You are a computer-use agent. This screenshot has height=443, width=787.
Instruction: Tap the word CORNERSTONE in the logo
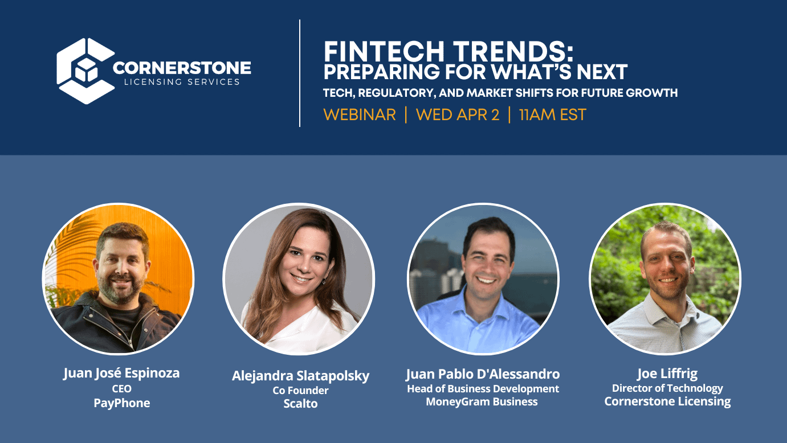[182, 68]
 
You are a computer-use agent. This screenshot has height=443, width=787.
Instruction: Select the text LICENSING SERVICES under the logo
[182, 82]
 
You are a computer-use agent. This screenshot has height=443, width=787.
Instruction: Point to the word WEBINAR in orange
[359, 114]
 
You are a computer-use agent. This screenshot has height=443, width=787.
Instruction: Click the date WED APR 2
[457, 114]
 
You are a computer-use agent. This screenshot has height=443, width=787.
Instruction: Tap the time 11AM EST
[552, 114]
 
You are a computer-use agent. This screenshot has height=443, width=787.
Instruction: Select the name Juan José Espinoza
[121, 373]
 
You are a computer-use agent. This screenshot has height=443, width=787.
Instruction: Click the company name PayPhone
[121, 403]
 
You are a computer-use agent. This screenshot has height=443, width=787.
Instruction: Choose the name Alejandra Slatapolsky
[300, 376]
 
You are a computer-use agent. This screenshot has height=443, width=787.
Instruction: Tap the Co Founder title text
[300, 391]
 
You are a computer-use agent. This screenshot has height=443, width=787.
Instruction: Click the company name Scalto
[300, 404]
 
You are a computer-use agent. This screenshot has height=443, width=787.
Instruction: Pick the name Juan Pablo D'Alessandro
[483, 374]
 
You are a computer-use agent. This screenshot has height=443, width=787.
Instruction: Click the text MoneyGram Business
[482, 402]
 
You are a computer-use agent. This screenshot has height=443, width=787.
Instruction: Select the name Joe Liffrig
[667, 374]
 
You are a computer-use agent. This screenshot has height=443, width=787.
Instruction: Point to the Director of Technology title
[667, 388]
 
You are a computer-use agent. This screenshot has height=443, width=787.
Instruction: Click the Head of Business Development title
[483, 388]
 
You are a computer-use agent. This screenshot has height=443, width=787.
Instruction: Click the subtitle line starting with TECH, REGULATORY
[500, 93]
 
